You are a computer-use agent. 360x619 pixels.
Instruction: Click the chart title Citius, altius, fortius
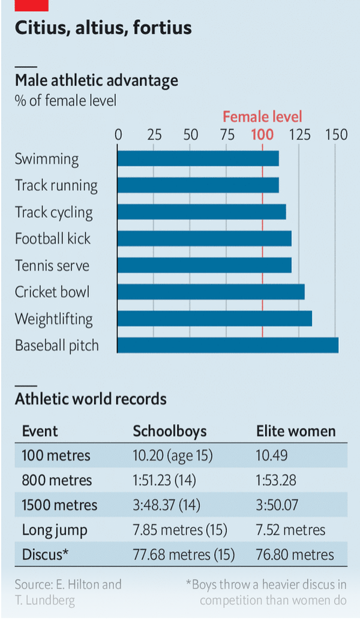coord(103,28)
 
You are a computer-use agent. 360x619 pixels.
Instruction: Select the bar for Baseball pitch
coord(227,345)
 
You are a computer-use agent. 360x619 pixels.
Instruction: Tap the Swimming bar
coord(198,158)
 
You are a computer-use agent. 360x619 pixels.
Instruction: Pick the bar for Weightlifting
coord(214,318)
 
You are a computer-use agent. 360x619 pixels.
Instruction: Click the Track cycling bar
coord(202,212)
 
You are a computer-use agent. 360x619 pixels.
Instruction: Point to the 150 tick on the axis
coord(336,134)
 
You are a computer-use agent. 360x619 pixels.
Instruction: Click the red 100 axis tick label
coord(262,134)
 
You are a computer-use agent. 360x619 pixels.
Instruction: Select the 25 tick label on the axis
coord(155,134)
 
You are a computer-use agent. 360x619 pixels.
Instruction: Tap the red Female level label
coord(262,116)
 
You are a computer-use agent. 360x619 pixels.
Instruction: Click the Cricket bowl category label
coord(52,292)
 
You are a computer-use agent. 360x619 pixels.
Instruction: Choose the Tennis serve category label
coord(52,265)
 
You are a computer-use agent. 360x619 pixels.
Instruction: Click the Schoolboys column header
coord(169,431)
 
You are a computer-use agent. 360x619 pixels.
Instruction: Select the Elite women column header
coord(296,431)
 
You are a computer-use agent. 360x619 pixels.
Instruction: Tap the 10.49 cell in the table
coord(272,455)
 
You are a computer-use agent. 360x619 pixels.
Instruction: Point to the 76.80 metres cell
coord(295,554)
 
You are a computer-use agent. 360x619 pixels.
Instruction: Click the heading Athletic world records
coord(91,399)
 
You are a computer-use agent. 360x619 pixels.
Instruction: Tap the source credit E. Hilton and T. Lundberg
coord(68,591)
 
